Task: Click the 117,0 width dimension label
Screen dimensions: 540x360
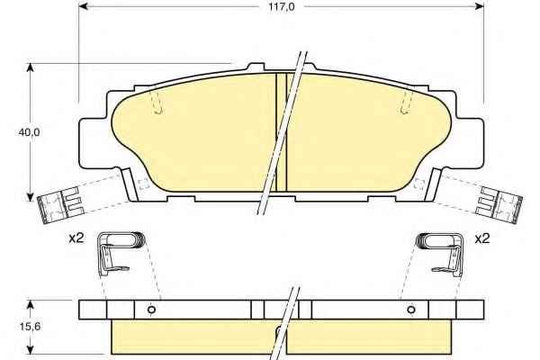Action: coord(282,7)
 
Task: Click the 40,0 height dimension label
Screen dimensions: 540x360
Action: coord(30,132)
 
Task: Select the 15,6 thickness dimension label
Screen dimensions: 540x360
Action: coord(30,326)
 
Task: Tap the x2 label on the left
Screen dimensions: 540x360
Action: coord(76,238)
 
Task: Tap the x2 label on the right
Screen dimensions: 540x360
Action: coord(482,238)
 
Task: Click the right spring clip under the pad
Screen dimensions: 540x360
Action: coord(440,254)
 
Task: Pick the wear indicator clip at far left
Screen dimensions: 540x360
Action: coord(60,206)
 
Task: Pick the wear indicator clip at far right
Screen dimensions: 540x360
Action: coord(499,205)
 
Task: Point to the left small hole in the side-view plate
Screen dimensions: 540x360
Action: coord(151,310)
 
